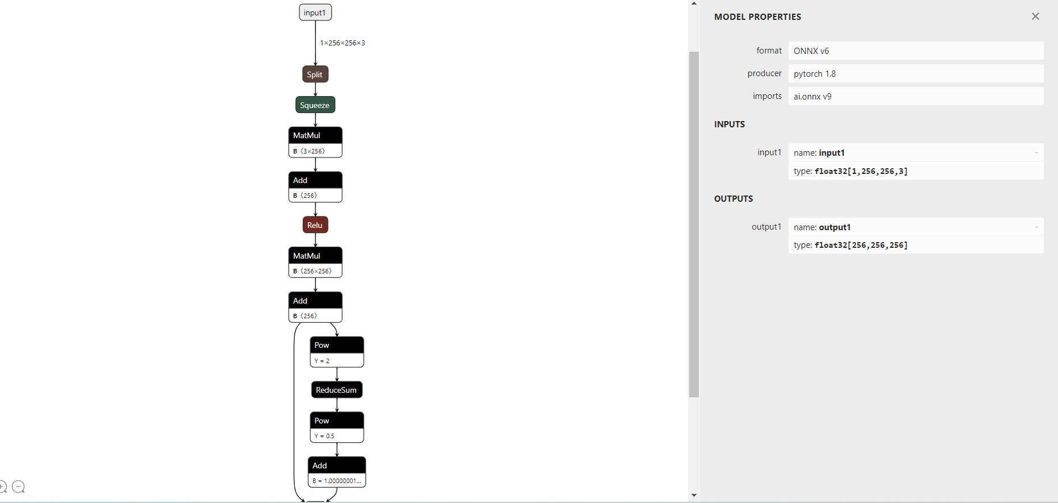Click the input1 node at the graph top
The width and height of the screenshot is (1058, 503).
(315, 13)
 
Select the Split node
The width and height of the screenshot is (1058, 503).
(315, 74)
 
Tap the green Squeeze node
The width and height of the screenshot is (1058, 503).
(315, 105)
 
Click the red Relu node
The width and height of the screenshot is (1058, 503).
(315, 225)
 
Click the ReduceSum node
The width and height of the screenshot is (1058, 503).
(336, 390)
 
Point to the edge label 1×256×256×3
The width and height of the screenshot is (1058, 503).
(342, 43)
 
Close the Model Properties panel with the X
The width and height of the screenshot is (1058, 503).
(1035, 16)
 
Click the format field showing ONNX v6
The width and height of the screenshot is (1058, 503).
(915, 51)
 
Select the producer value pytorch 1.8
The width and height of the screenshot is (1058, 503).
(915, 73)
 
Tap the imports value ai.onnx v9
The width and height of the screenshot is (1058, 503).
(915, 96)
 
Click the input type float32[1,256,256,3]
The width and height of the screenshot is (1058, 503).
(860, 171)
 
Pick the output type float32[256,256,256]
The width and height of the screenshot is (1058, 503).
(860, 245)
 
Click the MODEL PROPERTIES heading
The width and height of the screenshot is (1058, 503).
(757, 17)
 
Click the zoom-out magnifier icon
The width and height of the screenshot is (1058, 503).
(18, 487)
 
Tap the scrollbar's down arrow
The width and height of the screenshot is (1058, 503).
(694, 496)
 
